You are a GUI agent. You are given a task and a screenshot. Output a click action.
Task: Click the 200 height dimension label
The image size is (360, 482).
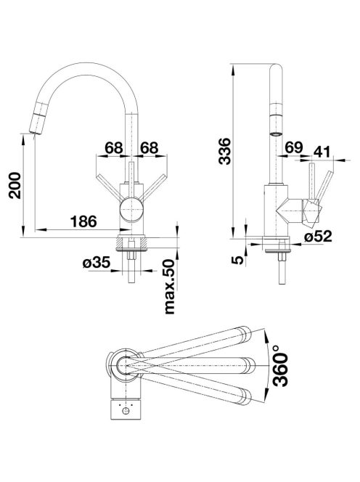(15, 185)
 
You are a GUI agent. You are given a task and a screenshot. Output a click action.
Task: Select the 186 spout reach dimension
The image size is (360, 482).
(83, 221)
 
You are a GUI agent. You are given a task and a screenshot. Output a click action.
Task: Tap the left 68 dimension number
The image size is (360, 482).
(114, 148)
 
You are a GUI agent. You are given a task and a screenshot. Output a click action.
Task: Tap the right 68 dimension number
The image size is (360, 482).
(150, 148)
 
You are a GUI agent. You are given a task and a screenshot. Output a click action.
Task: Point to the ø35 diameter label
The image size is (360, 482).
(97, 263)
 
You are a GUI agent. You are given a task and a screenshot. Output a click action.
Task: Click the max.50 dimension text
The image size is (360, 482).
(170, 286)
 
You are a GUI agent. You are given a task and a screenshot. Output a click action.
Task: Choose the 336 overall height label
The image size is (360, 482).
(224, 152)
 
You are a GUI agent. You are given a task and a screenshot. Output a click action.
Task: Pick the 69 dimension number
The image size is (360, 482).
(294, 147)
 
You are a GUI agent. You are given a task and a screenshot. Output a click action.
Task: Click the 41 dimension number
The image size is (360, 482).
(322, 152)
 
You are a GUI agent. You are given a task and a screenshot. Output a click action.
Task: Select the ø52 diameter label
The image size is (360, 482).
(318, 237)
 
